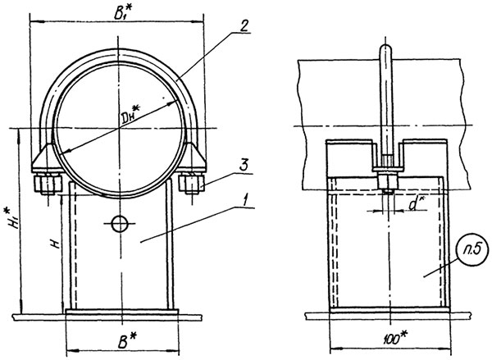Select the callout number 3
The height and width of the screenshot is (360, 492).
tap(244, 165)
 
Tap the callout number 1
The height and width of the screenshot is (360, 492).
tap(246, 200)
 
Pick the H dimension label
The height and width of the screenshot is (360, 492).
tap(56, 244)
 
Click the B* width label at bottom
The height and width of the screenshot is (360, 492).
tap(127, 341)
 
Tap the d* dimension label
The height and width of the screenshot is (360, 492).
tap(415, 204)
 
